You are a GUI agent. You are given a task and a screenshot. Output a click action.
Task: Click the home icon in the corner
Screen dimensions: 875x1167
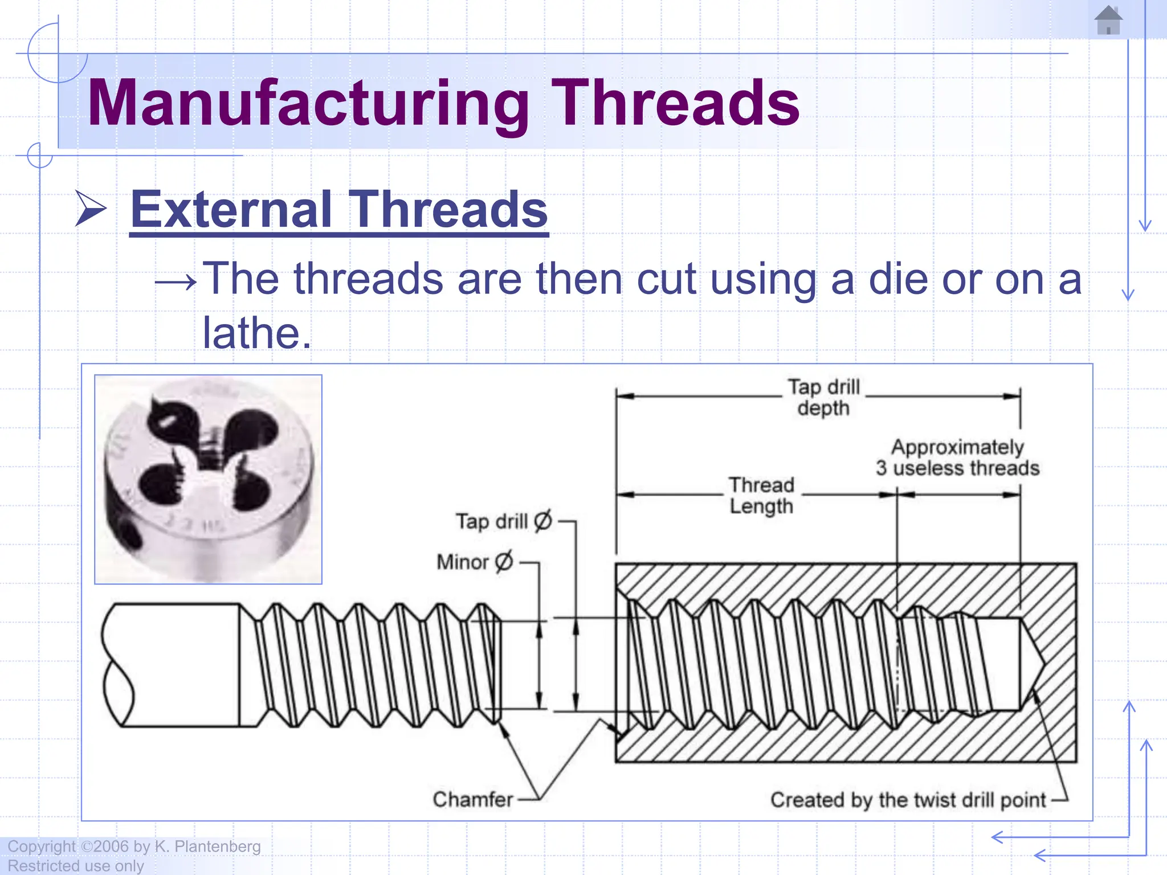[x=1108, y=21]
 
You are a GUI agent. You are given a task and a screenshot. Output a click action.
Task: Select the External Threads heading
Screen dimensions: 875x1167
[x=338, y=210]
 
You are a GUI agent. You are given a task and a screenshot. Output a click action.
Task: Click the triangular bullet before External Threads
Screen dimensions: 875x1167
[x=91, y=209]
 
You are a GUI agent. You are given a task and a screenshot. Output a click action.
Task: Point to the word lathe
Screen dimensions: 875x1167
[x=256, y=333]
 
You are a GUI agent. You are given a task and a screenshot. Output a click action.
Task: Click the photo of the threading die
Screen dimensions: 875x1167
[x=208, y=479]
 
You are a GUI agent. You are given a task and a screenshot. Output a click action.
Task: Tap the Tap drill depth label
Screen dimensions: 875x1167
[x=823, y=397]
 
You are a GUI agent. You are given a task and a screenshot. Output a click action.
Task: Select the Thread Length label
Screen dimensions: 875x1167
[x=761, y=495]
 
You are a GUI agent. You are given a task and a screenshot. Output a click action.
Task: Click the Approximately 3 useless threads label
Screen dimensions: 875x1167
[x=957, y=457]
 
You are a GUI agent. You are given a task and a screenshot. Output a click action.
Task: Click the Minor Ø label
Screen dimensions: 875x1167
[x=475, y=562]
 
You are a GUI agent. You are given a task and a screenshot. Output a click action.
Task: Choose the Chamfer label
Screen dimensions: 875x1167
[x=472, y=799]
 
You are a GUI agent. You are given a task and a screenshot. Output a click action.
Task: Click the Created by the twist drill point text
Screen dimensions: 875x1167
[x=908, y=800]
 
